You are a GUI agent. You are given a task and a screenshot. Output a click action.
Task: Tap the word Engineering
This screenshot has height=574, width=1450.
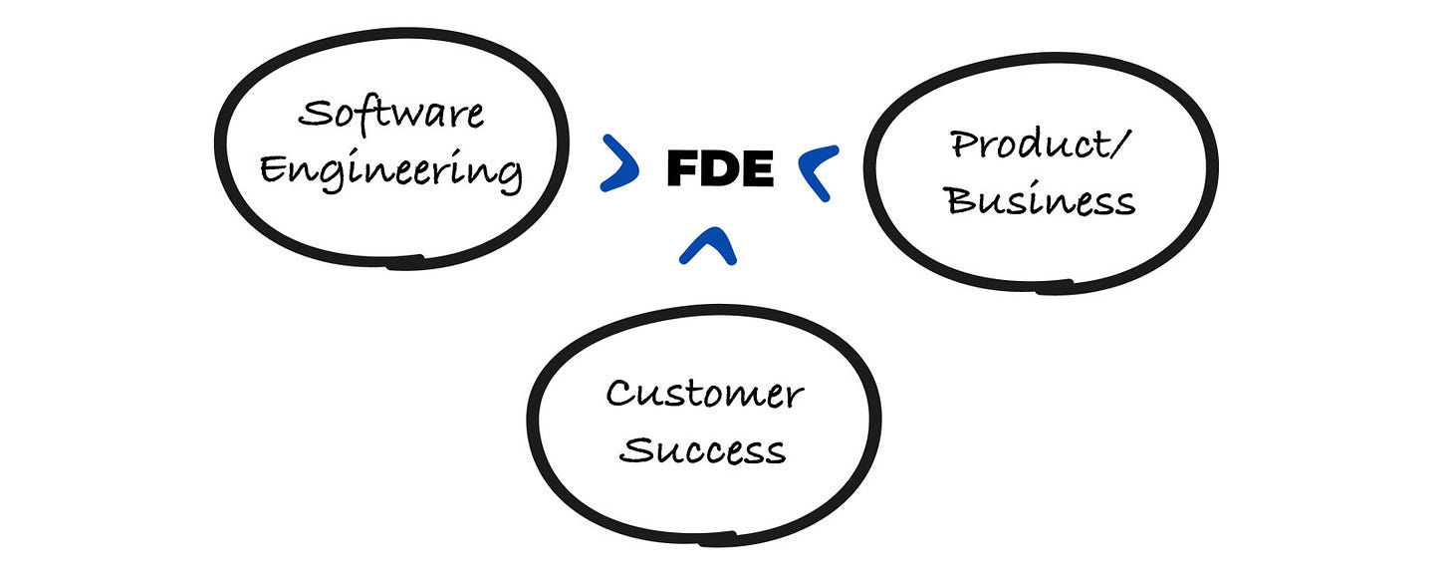pos(390,170)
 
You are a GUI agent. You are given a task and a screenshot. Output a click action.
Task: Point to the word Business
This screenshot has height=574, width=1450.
pos(1040,200)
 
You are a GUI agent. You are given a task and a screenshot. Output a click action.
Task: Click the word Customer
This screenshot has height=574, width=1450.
pos(704,394)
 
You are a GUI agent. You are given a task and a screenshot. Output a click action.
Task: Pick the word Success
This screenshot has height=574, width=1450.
pos(704,449)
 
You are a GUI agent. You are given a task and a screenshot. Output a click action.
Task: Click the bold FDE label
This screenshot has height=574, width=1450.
pos(720,170)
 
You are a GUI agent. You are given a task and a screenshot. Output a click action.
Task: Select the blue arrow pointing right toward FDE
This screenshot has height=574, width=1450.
pos(620,163)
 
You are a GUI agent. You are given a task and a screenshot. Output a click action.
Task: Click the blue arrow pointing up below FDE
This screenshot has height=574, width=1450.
pos(708,246)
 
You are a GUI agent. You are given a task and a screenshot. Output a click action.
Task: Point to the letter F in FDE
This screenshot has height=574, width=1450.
pos(682,170)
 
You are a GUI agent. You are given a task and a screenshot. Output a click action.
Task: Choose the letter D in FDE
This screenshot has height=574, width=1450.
pos(719,170)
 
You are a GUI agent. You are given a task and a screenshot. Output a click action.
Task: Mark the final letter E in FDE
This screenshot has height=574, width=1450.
pos(757,170)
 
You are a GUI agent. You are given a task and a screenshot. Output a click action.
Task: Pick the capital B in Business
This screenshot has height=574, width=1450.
pos(962,200)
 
